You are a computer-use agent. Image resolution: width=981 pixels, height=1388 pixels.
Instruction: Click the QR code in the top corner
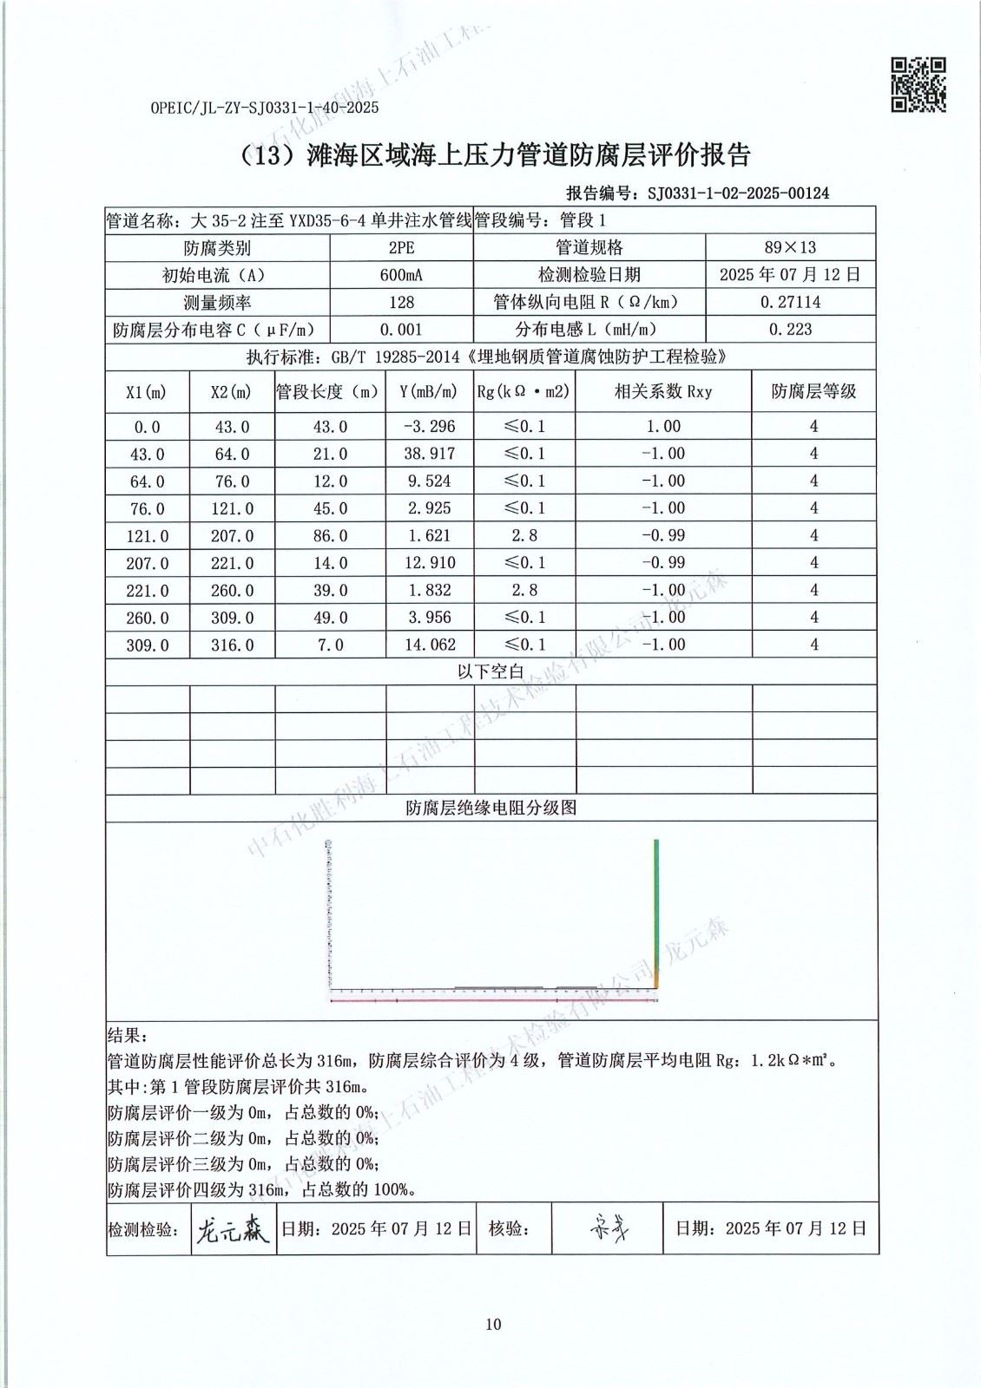click(918, 85)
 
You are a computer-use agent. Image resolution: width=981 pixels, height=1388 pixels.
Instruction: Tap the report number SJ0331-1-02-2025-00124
click(738, 193)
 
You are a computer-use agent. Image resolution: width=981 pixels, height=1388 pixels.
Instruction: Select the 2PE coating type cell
click(401, 248)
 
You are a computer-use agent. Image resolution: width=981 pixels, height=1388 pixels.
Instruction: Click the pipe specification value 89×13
click(790, 248)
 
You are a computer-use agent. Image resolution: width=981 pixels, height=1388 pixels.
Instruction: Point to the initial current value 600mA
click(401, 275)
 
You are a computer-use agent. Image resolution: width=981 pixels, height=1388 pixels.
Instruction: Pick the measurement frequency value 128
click(401, 303)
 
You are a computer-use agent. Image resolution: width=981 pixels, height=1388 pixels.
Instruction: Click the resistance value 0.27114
click(790, 303)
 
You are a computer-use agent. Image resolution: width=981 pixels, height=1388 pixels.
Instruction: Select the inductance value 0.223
click(790, 330)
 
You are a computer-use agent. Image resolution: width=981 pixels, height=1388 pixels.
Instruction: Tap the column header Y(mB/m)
click(429, 392)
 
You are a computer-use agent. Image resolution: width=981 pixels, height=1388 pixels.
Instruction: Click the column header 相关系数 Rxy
click(663, 392)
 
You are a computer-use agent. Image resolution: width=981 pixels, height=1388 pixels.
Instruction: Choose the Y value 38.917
click(429, 454)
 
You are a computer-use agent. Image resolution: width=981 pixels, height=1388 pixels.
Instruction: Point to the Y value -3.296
click(429, 427)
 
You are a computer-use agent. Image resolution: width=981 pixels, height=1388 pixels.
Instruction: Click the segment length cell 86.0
click(330, 536)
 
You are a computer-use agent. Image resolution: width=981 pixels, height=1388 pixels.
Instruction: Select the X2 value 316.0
click(232, 645)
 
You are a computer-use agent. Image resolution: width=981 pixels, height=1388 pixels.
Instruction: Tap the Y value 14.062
click(429, 645)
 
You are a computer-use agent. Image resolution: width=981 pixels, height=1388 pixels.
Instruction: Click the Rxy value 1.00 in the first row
click(663, 427)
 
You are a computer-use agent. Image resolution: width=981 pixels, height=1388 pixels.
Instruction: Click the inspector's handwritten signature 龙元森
click(232, 1229)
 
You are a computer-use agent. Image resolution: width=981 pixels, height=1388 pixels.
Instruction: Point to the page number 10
click(493, 1324)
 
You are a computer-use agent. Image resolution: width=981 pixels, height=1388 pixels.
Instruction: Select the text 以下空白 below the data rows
click(490, 672)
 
